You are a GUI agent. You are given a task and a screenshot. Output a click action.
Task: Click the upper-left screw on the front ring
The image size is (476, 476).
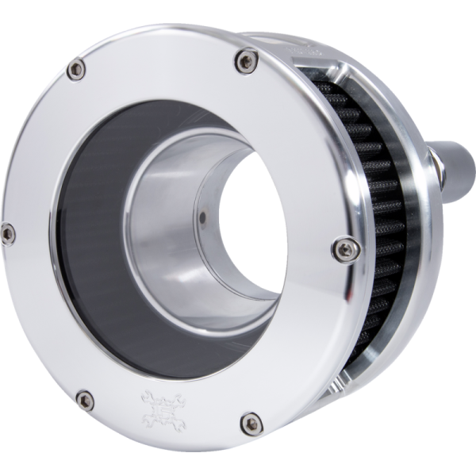tap(75, 70)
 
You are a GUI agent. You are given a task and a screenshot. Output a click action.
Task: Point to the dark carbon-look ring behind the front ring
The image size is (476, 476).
tap(87, 238)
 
